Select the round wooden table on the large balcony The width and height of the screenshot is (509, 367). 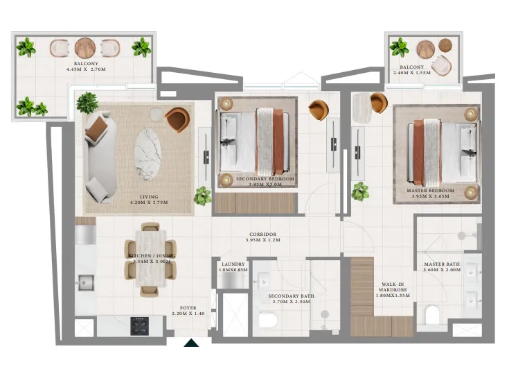(85, 48)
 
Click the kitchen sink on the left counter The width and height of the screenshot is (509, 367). (86, 283)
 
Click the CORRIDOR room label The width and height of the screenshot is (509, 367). (262, 235)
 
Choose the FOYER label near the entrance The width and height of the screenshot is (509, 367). (188, 308)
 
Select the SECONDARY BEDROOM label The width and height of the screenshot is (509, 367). (265, 179)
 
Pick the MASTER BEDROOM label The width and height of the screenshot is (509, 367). (431, 190)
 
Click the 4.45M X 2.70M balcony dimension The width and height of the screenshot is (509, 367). (85, 69)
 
